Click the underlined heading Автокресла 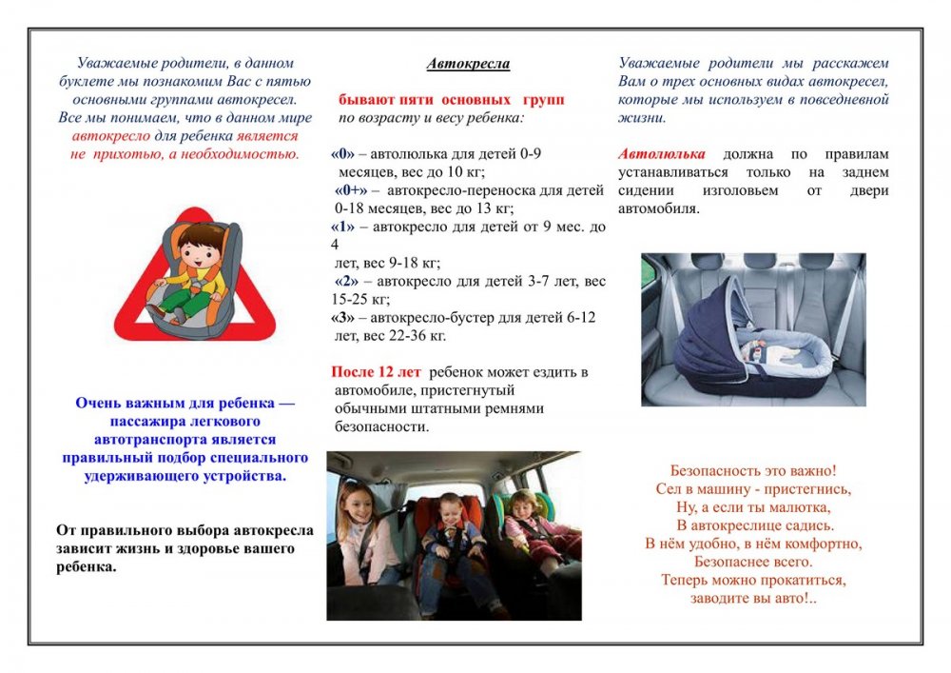pos(468,64)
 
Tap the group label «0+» pos(351,190)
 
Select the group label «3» pos(342,318)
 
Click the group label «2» pos(346,282)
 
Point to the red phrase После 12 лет pos(376,372)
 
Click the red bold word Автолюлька pos(662,154)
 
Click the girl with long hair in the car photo pos(362,534)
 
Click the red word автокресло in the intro pos(110,136)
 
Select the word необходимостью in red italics pos(241,154)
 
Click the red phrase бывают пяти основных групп pos(451,100)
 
